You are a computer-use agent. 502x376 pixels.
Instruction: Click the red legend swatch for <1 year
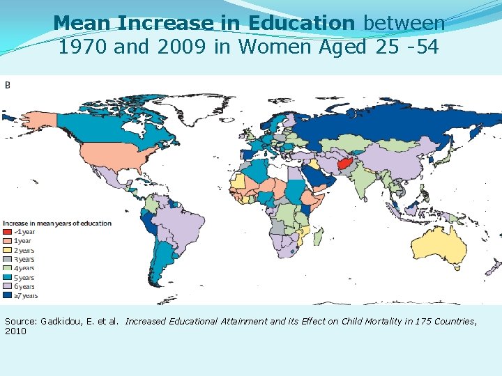7,232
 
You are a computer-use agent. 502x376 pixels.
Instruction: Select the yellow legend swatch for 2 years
7,250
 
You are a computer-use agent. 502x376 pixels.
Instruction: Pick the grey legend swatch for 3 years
7,259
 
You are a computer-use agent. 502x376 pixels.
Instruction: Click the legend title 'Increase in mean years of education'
57,223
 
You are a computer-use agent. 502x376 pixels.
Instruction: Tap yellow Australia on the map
439,247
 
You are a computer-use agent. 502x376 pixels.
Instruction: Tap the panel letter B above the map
8,84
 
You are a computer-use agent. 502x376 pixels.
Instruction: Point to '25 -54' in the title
415,47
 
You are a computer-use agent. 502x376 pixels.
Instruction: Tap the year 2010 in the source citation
15,331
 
